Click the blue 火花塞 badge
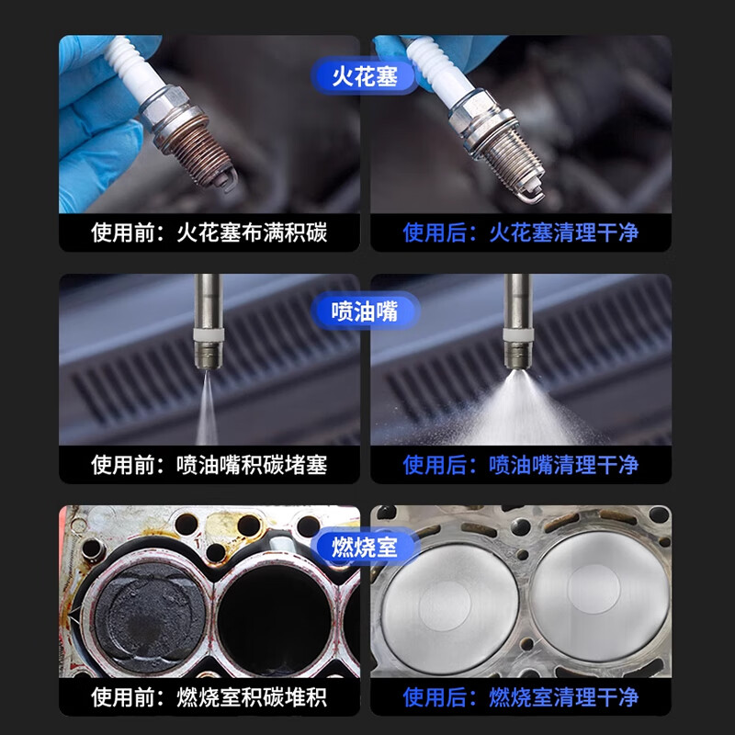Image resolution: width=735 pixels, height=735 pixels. click(x=364, y=76)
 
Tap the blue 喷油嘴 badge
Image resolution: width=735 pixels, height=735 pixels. click(x=364, y=311)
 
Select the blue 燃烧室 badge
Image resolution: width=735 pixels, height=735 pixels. click(x=364, y=547)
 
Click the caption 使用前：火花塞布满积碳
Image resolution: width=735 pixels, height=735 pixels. click(x=209, y=233)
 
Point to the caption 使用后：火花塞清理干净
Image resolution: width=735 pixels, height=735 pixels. click(x=521, y=233)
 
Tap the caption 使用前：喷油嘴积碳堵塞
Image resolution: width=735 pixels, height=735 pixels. click(x=209, y=465)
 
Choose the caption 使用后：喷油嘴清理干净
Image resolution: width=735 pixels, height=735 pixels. click(x=521, y=465)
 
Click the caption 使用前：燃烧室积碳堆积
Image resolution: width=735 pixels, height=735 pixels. click(x=209, y=697)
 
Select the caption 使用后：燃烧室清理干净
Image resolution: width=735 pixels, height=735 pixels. click(x=521, y=697)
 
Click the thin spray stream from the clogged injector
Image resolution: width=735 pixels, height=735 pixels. click(x=207, y=407)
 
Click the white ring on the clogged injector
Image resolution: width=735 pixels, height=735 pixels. click(x=209, y=334)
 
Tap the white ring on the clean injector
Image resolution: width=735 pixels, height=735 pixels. click(x=518, y=334)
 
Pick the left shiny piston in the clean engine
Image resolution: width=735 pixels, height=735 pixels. click(x=449, y=608)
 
